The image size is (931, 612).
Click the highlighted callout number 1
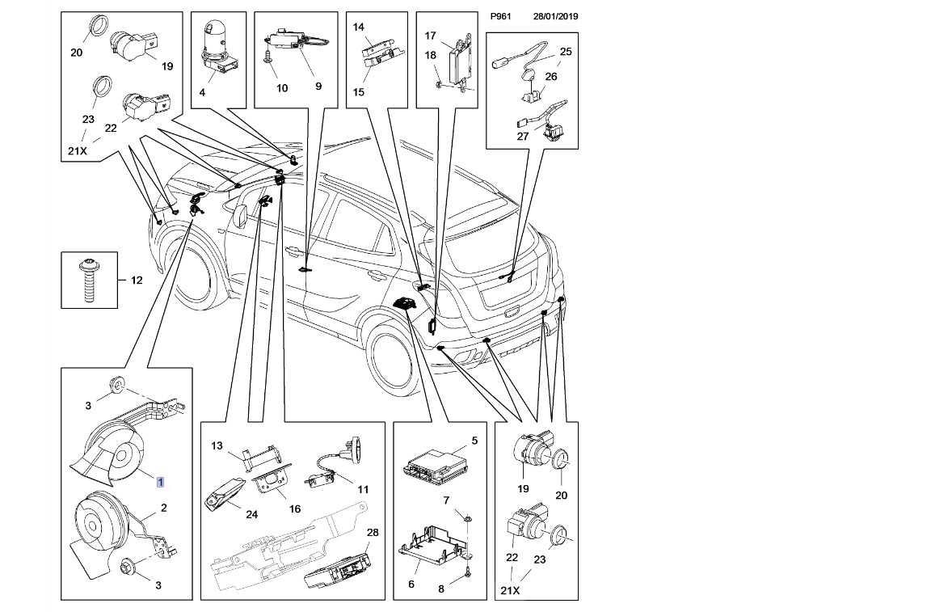point(160,482)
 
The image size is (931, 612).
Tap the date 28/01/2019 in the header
point(555,16)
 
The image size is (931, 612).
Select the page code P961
point(500,16)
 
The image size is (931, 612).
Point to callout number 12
point(137,280)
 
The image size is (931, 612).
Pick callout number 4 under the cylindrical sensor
point(202,93)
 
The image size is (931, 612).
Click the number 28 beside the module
point(373,533)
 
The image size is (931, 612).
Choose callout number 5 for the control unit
point(474,441)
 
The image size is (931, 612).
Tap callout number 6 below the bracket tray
point(411,584)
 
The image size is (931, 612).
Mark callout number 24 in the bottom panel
point(252,514)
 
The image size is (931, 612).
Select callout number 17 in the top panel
point(431,36)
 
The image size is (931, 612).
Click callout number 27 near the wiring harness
point(523,136)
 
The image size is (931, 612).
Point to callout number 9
point(318,87)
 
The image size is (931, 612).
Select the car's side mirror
point(241,214)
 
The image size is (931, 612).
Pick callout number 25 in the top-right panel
point(566,52)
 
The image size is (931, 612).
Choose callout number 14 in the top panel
point(359,27)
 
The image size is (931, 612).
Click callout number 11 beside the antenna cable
point(363,490)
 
